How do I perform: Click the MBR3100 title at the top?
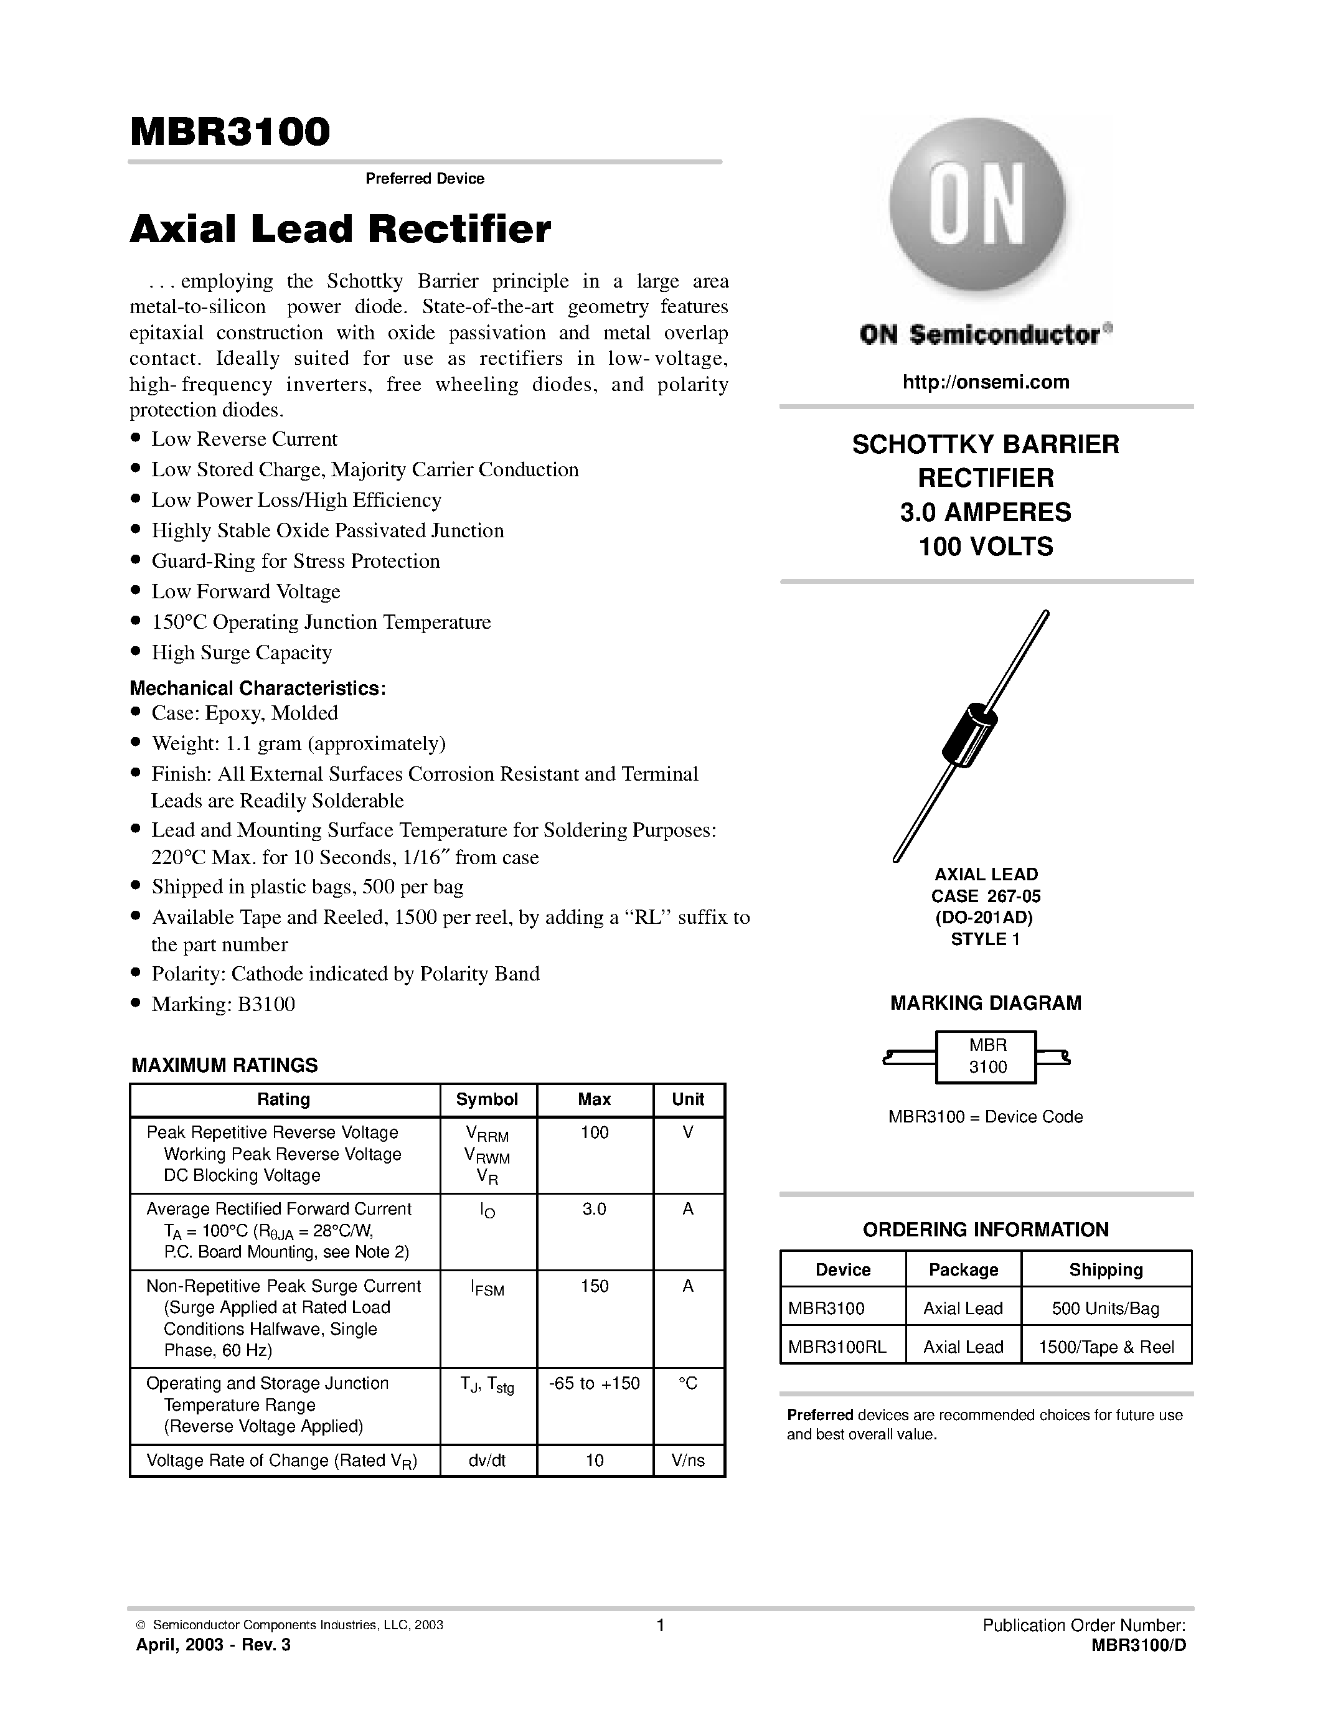tap(230, 133)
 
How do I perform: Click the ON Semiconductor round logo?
tap(977, 205)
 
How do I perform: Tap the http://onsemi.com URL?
tap(985, 382)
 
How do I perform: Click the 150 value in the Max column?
tap(594, 1286)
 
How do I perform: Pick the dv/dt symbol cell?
tap(487, 1460)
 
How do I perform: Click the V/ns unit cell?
tap(687, 1460)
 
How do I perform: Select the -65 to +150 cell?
tap(594, 1383)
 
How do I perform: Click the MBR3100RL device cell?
tap(836, 1347)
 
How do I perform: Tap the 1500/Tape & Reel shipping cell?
tap(1106, 1347)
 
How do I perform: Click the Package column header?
tap(963, 1269)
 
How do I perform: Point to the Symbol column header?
tap(487, 1099)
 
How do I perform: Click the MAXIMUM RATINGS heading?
tap(224, 1065)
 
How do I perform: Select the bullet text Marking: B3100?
tap(223, 1004)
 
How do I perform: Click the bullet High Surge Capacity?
tap(242, 652)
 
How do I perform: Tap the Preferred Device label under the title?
tap(425, 179)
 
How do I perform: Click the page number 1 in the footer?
tap(660, 1625)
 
